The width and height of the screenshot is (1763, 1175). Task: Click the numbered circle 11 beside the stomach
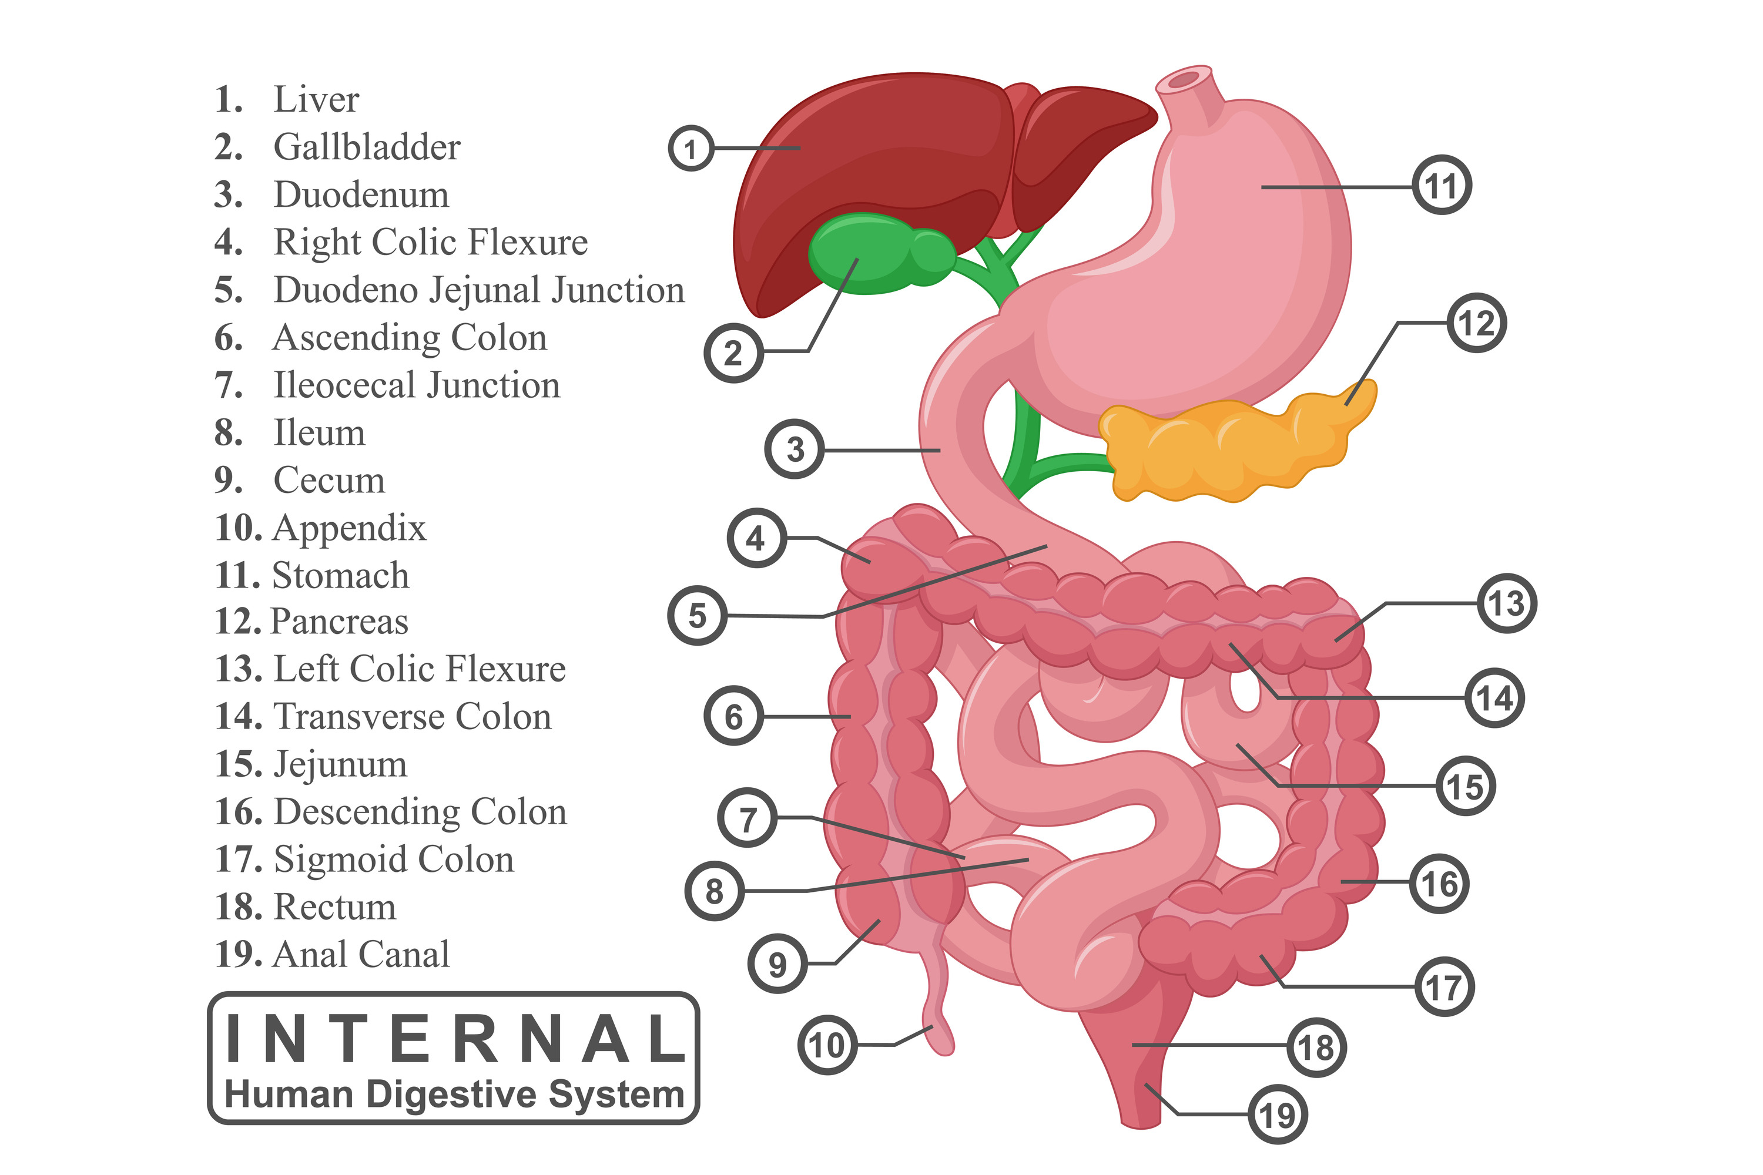click(x=1442, y=185)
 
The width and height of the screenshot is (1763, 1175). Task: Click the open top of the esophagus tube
click(x=1184, y=79)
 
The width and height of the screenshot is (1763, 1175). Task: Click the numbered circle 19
click(x=1278, y=1114)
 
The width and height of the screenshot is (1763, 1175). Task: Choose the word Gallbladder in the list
click(x=367, y=147)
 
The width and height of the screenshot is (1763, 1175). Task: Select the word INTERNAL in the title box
click(x=454, y=1039)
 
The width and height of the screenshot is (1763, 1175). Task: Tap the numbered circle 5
click(x=697, y=615)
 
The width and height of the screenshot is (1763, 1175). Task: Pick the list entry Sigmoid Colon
click(x=394, y=859)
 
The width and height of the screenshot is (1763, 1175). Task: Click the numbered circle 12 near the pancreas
click(x=1476, y=323)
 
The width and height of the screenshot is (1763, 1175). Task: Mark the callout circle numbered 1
click(x=691, y=149)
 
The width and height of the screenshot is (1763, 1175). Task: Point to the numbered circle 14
click(x=1494, y=698)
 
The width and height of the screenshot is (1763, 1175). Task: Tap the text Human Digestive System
click(x=454, y=1094)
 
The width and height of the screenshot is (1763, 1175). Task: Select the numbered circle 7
click(x=748, y=818)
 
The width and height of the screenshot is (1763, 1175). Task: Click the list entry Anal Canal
click(x=361, y=954)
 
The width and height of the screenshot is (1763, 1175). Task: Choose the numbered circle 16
click(x=1439, y=884)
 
